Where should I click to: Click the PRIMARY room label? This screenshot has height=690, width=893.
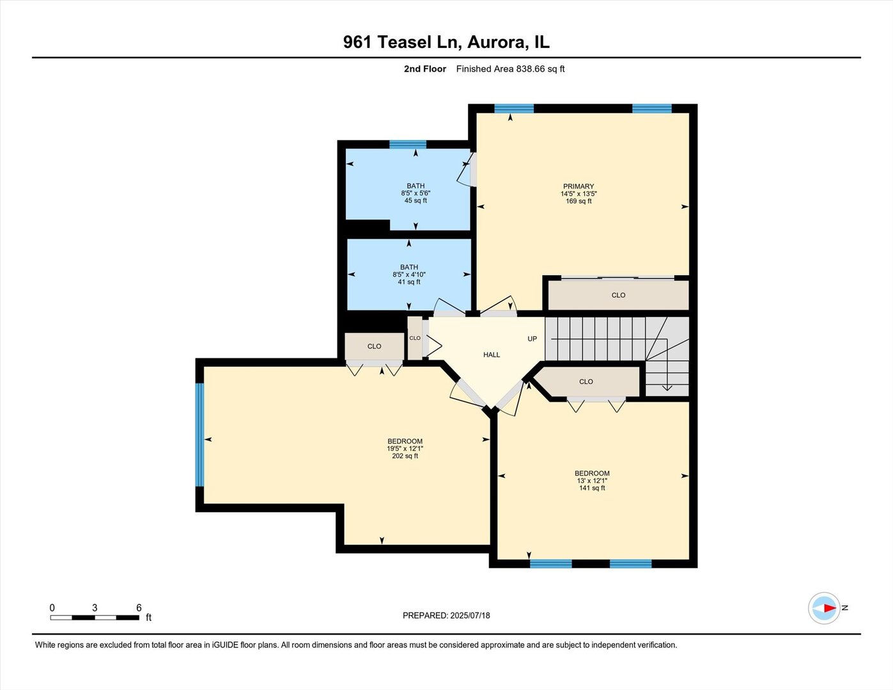578,187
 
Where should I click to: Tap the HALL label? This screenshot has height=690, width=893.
491,355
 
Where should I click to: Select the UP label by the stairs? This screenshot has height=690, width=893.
532,339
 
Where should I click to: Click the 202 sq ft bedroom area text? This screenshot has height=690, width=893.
405,456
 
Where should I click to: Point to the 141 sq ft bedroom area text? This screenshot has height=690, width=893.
592,488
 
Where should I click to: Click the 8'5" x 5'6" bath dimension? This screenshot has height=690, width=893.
415,193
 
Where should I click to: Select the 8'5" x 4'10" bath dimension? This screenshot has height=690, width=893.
409,275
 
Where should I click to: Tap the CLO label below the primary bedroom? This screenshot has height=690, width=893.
618,295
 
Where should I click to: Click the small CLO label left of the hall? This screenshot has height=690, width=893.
415,338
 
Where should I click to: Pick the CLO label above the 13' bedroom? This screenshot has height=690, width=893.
586,381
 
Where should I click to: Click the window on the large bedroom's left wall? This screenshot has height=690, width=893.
199,434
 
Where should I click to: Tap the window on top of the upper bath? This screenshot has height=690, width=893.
408,144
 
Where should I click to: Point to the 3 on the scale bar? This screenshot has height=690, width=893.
95,608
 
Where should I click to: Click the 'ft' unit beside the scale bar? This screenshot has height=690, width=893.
148,618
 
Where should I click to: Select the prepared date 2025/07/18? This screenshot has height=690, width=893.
470,615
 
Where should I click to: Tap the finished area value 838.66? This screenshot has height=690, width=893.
531,69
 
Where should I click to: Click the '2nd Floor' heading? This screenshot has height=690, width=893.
424,69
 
